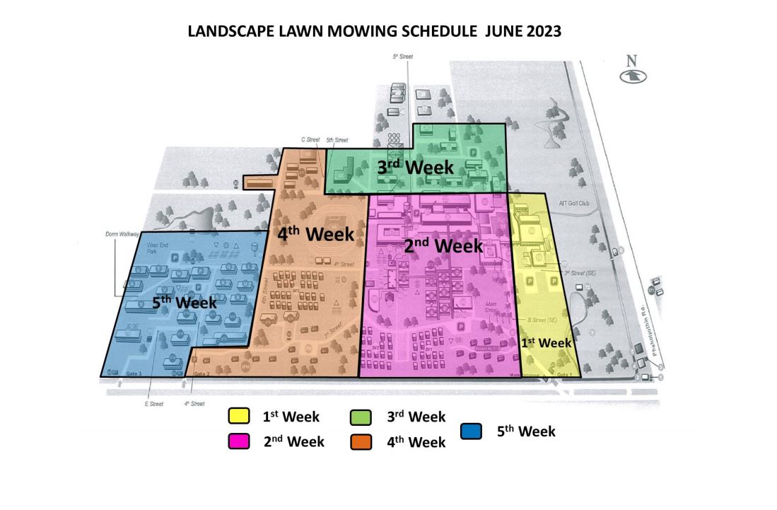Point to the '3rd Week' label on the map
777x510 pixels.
[x=414, y=167]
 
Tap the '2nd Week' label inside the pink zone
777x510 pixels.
[x=443, y=245]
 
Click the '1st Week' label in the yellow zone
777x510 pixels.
[x=546, y=342]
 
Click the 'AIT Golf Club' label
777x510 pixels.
[x=574, y=203]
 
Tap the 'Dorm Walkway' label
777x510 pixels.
[x=121, y=233]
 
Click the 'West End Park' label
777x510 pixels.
[x=157, y=247]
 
